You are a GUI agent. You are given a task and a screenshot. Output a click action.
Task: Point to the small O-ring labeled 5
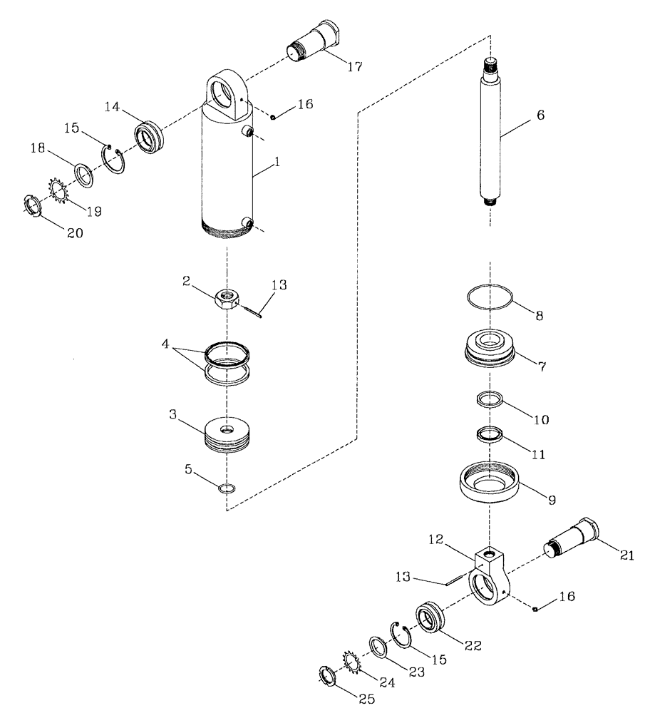[x=227, y=489]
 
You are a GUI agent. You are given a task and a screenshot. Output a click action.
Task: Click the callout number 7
[x=542, y=366]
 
